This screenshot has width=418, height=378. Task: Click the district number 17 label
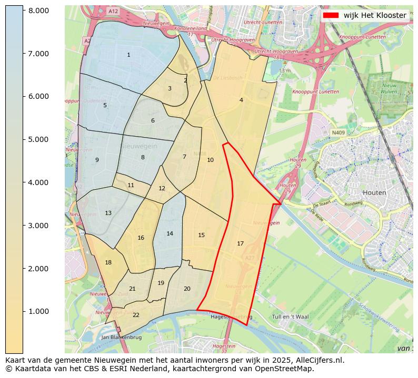(x=240, y=243)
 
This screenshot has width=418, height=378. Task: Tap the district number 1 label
(x=128, y=55)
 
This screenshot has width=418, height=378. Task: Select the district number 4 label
(x=241, y=100)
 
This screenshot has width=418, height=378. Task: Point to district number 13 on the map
(x=108, y=213)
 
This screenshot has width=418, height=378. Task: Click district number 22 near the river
(x=136, y=315)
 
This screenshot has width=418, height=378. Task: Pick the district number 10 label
(x=210, y=160)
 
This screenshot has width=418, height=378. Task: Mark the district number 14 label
(x=170, y=233)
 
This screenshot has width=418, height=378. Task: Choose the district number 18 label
(x=108, y=262)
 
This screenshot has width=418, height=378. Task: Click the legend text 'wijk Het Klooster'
(x=374, y=15)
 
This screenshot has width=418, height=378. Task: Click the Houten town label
(x=374, y=192)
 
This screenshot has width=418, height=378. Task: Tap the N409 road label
(x=339, y=133)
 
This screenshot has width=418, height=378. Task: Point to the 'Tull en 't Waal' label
(x=290, y=317)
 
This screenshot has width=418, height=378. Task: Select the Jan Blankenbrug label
(x=122, y=337)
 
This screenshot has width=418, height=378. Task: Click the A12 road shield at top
(x=113, y=11)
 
